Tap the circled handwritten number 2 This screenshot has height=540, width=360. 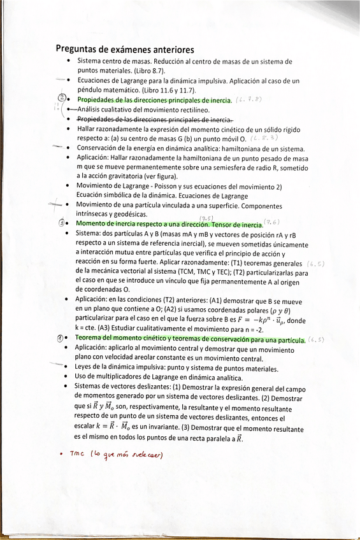(62, 99)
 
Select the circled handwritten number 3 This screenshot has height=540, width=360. (62, 224)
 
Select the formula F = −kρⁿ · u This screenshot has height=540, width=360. (259, 320)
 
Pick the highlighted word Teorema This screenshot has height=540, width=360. (92, 339)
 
